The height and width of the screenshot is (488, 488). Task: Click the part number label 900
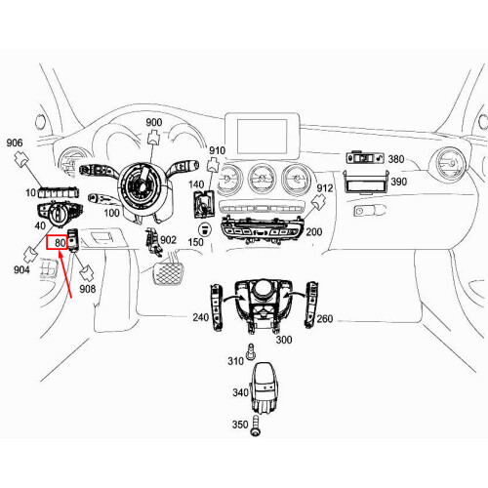click(154, 122)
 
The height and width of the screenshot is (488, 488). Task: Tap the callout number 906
click(15, 142)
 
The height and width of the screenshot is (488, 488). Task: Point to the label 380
click(395, 159)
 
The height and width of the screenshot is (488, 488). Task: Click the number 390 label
click(399, 182)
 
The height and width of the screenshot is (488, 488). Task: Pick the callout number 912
click(326, 188)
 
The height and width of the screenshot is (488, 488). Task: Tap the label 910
click(217, 151)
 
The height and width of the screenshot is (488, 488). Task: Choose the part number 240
click(200, 317)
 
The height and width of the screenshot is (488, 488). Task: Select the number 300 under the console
click(284, 339)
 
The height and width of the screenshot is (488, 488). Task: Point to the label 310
click(234, 362)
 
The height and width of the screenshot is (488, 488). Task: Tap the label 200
click(313, 232)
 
